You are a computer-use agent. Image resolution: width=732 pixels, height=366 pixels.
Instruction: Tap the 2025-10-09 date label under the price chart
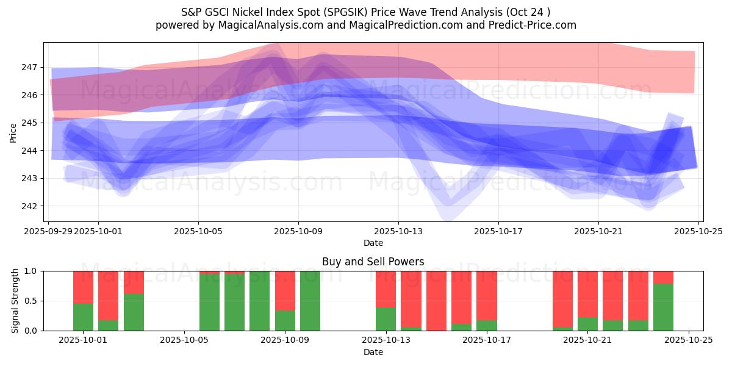(298, 231)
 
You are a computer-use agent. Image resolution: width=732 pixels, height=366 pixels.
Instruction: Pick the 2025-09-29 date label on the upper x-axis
(50, 231)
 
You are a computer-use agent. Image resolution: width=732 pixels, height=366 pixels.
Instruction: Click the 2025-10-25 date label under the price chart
(698, 231)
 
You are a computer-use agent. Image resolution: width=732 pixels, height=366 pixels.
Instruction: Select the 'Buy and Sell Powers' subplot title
(373, 262)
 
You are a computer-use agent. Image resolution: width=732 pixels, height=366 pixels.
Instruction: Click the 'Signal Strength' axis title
(15, 301)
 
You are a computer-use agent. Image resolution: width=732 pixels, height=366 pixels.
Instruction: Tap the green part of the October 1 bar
(83, 317)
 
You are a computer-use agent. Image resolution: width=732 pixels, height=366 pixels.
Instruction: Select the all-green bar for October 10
(310, 301)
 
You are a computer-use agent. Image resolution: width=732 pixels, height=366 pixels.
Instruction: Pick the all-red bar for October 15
(436, 301)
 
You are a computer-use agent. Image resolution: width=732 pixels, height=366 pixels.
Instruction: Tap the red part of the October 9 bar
(285, 290)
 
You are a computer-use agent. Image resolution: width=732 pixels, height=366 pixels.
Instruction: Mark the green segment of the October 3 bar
(134, 312)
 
